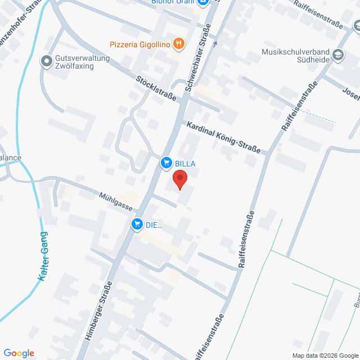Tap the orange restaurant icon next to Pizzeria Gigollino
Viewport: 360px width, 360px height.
tap(178, 43)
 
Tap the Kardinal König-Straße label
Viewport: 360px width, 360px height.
tap(223, 138)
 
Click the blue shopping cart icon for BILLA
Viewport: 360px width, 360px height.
tap(166, 163)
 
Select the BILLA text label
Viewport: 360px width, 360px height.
tap(184, 163)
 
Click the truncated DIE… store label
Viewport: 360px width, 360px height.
tap(154, 225)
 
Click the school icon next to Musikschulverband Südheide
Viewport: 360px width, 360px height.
tap(337, 55)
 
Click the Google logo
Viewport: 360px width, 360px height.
tap(19, 353)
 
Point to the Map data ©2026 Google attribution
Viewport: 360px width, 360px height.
tap(325, 355)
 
